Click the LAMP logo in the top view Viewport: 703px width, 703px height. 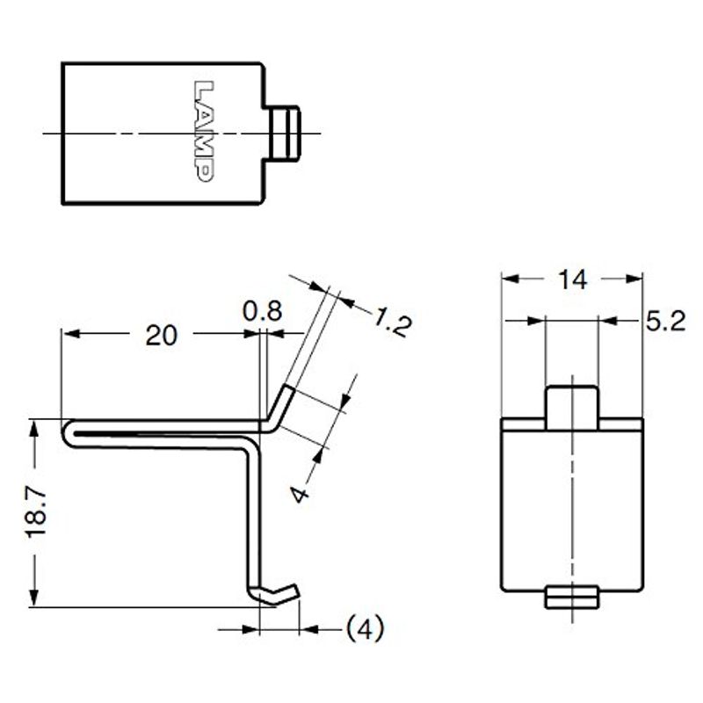(x=203, y=131)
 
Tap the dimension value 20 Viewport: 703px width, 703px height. (x=162, y=336)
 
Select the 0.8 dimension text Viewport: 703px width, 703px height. (x=262, y=311)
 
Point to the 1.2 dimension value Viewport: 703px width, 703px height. (x=391, y=321)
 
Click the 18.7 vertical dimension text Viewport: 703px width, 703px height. (x=37, y=512)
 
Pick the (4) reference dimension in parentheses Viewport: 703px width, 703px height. (x=366, y=628)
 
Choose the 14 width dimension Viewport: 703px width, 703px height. (x=573, y=279)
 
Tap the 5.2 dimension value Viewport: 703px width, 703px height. (x=665, y=321)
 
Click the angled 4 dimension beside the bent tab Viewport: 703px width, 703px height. (x=301, y=494)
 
